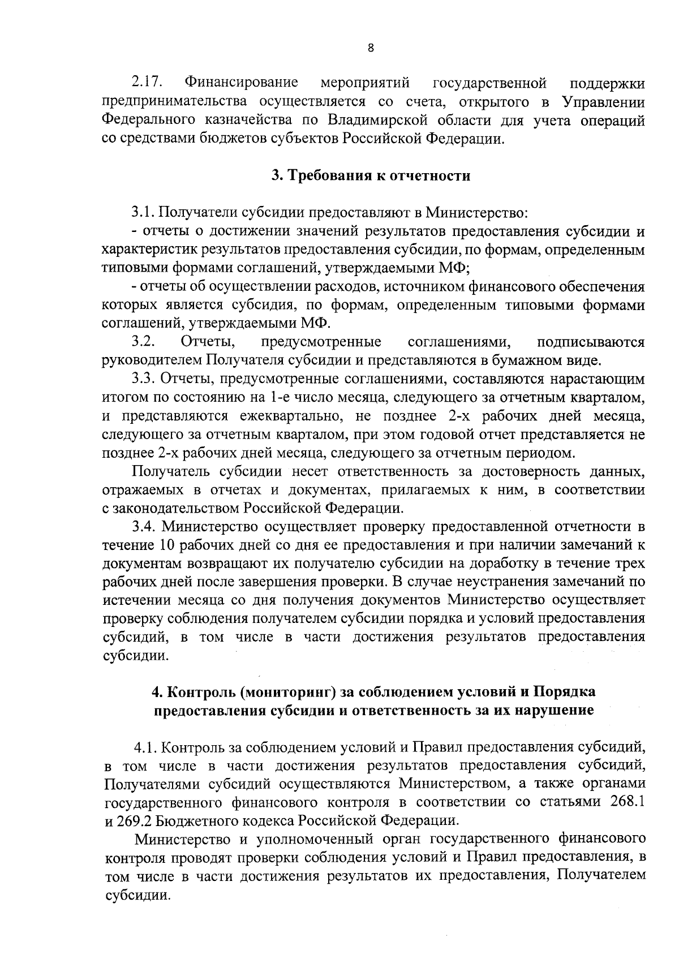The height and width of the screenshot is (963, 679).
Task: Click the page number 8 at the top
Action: tap(371, 48)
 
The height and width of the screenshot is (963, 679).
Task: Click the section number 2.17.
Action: tap(147, 84)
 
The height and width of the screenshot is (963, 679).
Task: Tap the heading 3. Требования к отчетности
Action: tap(371, 175)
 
